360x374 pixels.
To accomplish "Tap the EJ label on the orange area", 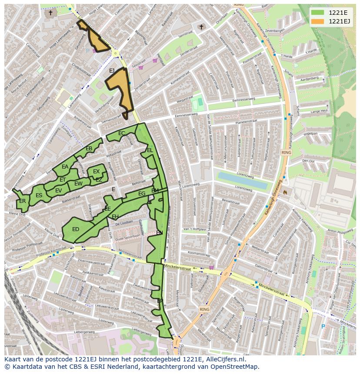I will [x=112, y=70].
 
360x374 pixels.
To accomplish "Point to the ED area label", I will [x=76, y=229].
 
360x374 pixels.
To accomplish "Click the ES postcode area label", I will [x=39, y=195].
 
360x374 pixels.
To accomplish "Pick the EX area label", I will [x=97, y=172].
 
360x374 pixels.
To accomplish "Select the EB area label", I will [x=89, y=149].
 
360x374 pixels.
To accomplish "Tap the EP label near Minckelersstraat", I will [x=160, y=301].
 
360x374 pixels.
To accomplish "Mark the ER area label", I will [x=22, y=201].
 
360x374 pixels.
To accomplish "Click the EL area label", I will [x=150, y=150].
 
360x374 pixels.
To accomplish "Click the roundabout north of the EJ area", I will [x=116, y=53].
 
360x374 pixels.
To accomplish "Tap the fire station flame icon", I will [x=285, y=191].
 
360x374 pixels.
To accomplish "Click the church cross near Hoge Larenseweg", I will [x=51, y=13].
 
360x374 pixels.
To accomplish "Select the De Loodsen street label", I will [x=124, y=222].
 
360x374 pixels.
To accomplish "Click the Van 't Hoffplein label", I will [x=194, y=229].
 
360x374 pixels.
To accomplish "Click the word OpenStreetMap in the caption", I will [x=234, y=367].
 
